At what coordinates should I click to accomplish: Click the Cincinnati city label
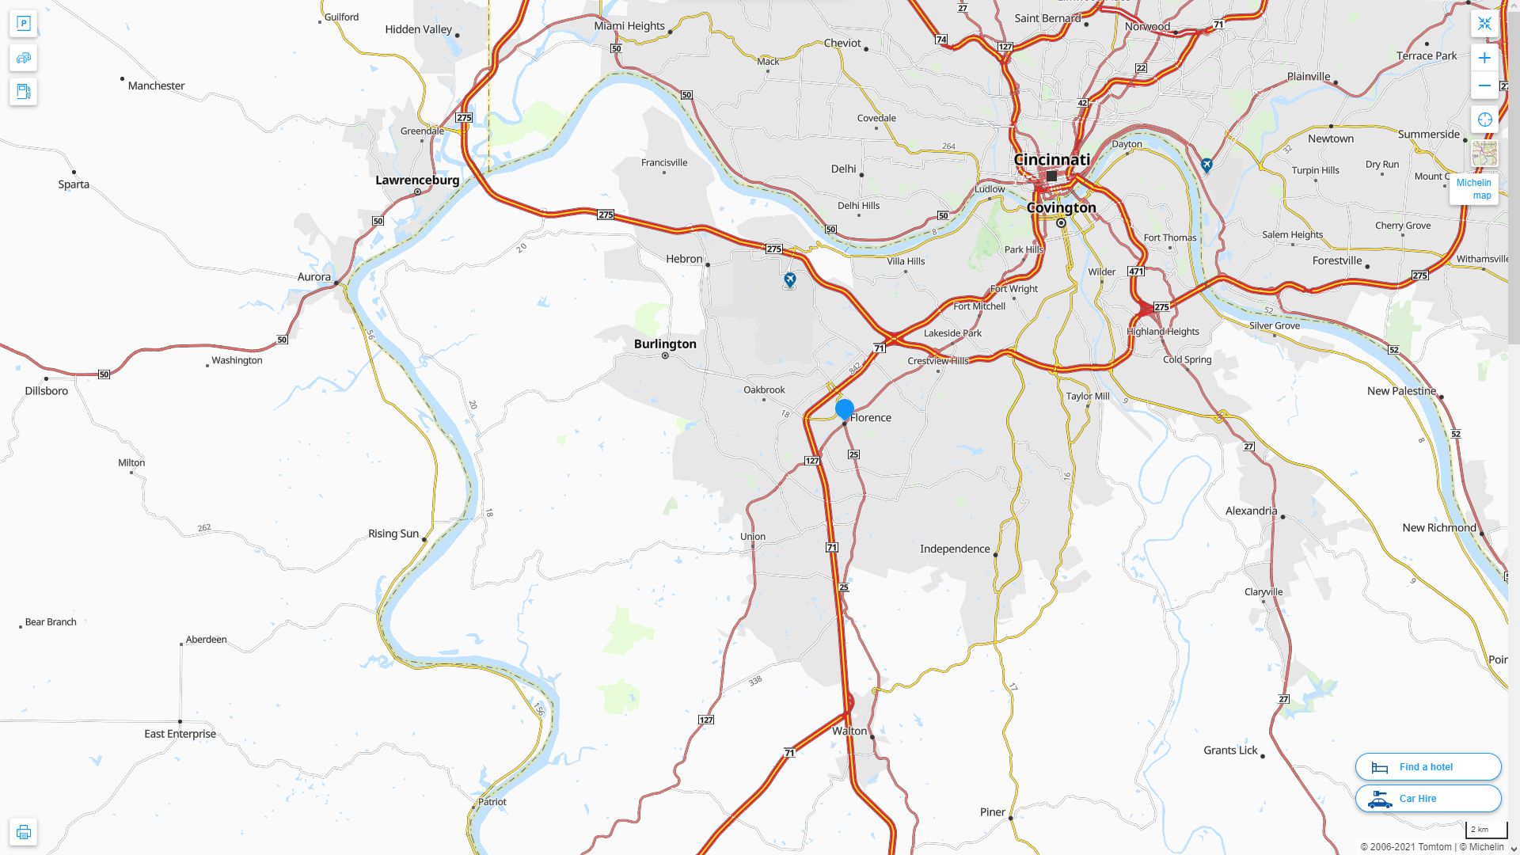pos(1051,160)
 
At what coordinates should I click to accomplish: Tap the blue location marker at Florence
pos(845,408)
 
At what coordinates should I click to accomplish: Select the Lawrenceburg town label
pos(417,180)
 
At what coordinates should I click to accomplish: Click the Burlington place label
pos(665,344)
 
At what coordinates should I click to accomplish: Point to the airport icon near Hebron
pos(789,279)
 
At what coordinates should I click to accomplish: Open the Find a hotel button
pos(1428,766)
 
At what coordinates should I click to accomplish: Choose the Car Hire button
pos(1428,798)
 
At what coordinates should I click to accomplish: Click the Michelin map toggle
pos(1473,188)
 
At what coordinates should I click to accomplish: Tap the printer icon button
pos(24,832)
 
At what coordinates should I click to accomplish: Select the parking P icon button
pos(24,23)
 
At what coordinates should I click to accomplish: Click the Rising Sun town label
pos(393,534)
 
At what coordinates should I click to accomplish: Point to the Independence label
pos(955,549)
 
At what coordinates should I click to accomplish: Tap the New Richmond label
pos(1438,528)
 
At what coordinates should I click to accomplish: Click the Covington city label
pos(1061,207)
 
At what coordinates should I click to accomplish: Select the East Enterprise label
pos(180,734)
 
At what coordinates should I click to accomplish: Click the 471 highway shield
pos(1136,272)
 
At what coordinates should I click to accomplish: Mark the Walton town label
pos(849,731)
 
